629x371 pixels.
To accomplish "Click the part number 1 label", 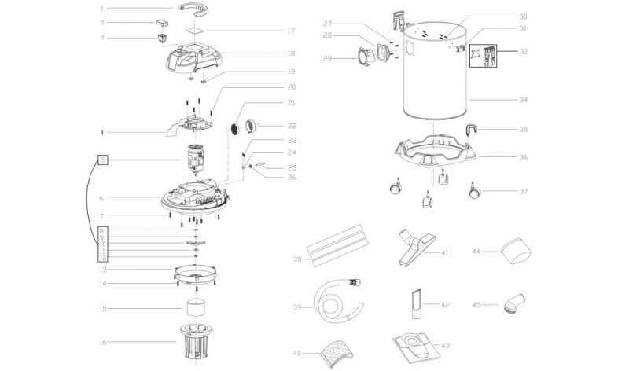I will [x=102, y=8].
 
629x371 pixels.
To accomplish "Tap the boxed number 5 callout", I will [x=102, y=160].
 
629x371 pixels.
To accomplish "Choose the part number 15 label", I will [x=102, y=309].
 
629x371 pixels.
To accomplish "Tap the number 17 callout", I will [x=268, y=31].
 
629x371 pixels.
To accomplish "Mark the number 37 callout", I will [x=523, y=190].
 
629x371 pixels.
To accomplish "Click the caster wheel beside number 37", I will [x=475, y=190].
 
